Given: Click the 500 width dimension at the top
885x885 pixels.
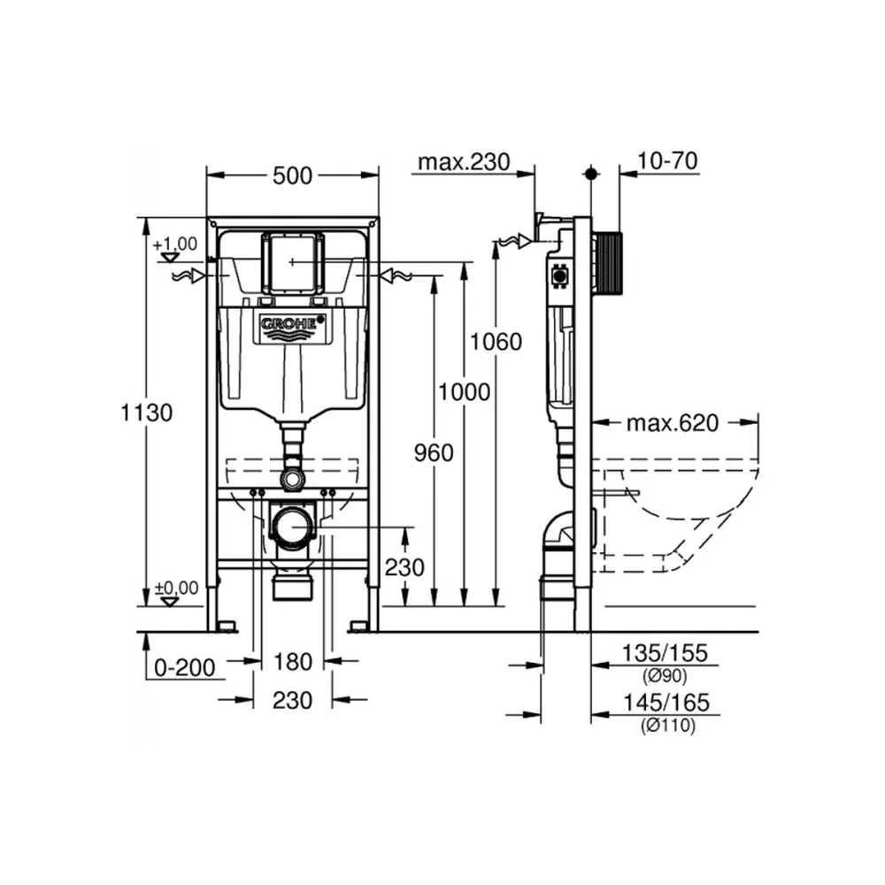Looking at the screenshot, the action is (292, 176).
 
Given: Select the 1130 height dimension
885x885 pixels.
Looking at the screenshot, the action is (146, 412).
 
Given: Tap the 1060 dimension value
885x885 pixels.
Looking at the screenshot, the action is (496, 342).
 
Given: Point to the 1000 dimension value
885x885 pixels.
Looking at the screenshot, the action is (464, 392).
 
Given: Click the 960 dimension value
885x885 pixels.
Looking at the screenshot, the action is (434, 452).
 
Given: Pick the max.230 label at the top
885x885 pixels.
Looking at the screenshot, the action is (464, 162).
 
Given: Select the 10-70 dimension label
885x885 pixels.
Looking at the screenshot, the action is (667, 161).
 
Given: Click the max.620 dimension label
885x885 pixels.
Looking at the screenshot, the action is (673, 423).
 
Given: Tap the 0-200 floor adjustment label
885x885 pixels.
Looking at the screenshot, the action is (185, 667).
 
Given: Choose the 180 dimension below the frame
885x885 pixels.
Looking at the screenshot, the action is (292, 661).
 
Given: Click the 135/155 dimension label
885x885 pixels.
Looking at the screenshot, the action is (665, 653).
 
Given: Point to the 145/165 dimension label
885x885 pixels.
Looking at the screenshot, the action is (666, 703).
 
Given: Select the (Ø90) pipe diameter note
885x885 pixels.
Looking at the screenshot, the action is (665, 675).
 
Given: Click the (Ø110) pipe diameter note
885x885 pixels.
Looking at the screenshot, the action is (667, 726).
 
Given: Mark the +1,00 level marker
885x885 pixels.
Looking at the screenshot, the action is (175, 244).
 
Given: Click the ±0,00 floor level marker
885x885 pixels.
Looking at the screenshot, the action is (177, 589).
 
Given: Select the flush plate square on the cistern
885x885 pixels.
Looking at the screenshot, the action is (292, 263).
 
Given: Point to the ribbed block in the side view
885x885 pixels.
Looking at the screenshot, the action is (609, 264).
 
